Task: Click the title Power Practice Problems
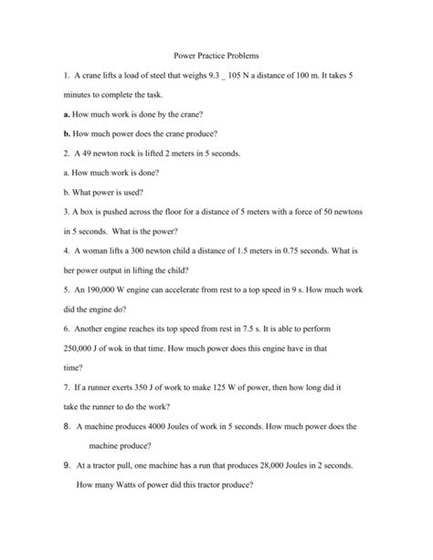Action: tap(216, 58)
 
